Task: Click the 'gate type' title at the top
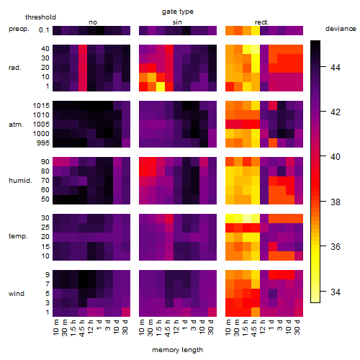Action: [178, 12]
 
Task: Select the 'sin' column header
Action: [177, 22]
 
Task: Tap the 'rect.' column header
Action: [261, 22]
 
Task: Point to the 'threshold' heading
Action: [40, 17]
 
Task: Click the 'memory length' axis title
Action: [177, 350]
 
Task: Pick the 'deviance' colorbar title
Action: [341, 29]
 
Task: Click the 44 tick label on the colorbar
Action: [336, 68]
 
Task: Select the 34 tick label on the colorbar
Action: [336, 292]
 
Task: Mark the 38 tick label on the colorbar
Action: [336, 202]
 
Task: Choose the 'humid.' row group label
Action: [20, 181]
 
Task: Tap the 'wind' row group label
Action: [17, 294]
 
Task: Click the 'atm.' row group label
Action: [16, 125]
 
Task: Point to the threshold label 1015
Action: [41, 106]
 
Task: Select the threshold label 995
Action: [43, 143]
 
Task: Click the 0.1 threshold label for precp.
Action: [44, 30]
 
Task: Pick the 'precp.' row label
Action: [19, 30]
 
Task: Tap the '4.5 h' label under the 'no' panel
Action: [81, 328]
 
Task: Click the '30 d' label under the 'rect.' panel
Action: [297, 327]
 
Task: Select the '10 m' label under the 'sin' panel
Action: [142, 327]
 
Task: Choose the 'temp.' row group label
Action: [18, 236]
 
